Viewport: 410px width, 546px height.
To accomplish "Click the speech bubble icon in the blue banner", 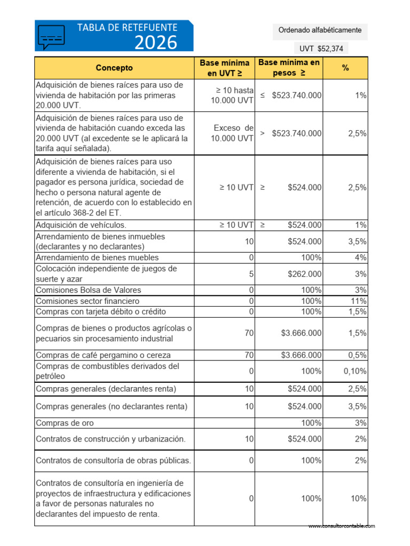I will point(52,36).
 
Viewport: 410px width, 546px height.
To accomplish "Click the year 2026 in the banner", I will point(155,42).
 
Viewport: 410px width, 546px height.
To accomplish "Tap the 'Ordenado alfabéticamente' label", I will point(320,30).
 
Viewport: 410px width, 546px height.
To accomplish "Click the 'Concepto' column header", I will point(114,68).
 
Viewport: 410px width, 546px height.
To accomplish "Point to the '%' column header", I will point(345,68).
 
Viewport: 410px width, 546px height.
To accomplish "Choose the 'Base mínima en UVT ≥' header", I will point(224,68).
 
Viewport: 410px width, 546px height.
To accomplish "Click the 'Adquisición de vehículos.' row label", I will point(81,225).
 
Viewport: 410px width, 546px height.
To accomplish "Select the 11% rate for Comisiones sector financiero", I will point(358,301).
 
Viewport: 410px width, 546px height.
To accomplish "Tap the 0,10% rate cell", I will point(355,371).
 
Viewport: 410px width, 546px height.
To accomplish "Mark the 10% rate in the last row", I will point(358,499).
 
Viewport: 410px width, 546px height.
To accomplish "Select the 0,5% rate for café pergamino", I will point(357,355).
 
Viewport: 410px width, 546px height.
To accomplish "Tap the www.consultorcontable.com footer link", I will point(341,526).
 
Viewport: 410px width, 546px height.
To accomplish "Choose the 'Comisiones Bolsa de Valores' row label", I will point(88,290).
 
